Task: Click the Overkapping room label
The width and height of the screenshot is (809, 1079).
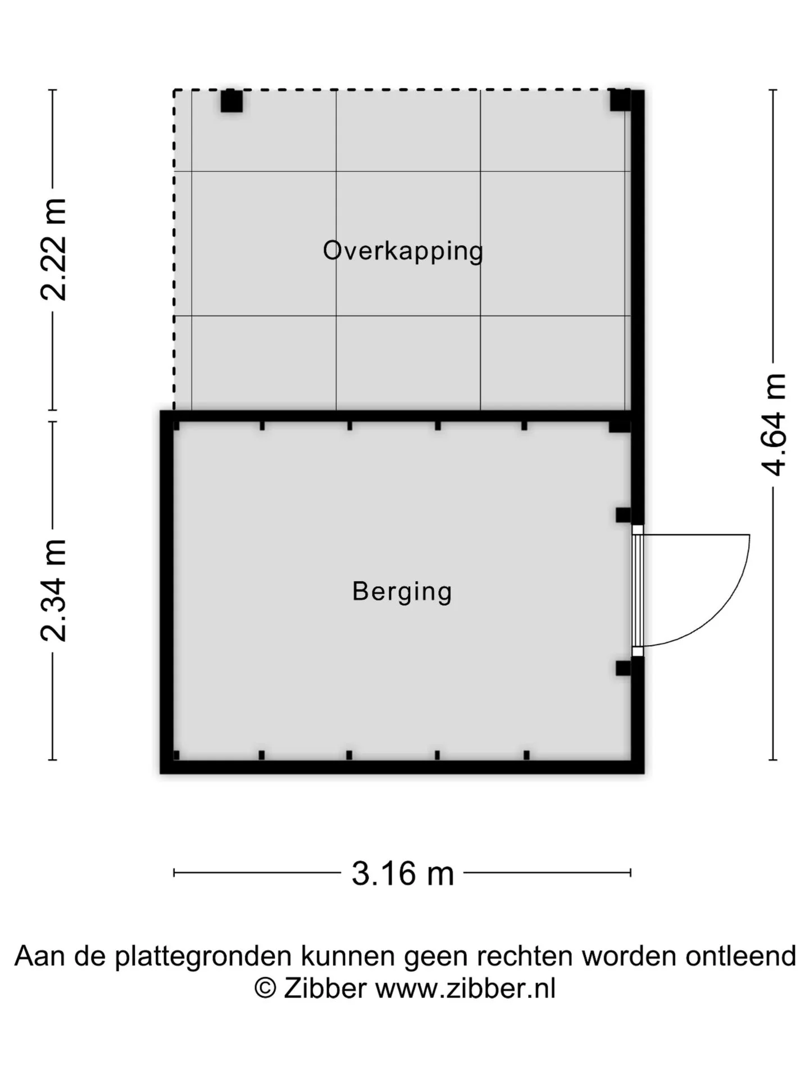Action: [403, 251]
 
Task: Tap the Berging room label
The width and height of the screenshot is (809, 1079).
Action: [402, 592]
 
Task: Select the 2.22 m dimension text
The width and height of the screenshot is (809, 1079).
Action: [54, 250]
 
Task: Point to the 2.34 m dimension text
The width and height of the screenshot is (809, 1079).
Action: [54, 590]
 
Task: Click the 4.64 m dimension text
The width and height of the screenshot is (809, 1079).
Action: [774, 424]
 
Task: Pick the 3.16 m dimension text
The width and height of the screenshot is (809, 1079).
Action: [403, 874]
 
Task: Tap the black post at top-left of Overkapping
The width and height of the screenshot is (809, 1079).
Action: [231, 101]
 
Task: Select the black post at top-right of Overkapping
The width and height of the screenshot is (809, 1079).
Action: [621, 100]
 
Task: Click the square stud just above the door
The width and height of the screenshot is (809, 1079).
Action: [623, 515]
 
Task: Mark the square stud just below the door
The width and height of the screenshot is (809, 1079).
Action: [623, 668]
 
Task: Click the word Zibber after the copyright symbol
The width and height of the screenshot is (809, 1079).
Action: [325, 1004]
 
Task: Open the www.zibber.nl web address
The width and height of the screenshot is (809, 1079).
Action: [465, 1004]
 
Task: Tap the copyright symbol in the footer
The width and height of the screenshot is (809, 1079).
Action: [265, 1004]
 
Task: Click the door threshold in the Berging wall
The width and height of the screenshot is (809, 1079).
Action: [637, 591]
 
